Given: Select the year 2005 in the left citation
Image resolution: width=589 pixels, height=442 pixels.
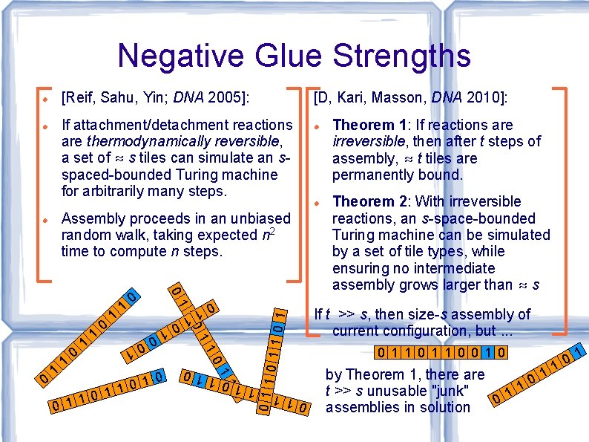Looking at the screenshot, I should pyautogui.click(x=228, y=97).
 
